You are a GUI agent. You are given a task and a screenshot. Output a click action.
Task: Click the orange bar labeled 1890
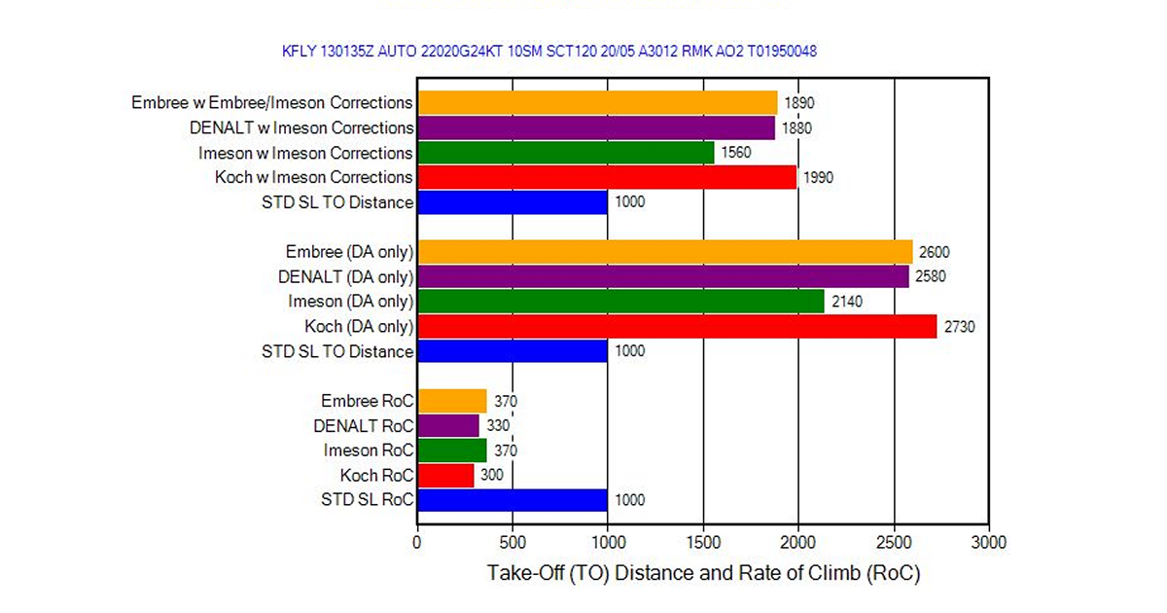pos(597,103)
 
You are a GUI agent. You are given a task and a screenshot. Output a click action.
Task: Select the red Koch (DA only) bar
pos(677,326)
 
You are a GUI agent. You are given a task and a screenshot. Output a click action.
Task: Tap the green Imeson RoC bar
pos(451,451)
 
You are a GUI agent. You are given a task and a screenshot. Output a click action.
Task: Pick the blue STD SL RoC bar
pos(513,500)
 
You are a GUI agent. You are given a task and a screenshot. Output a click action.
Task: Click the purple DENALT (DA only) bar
pos(663,276)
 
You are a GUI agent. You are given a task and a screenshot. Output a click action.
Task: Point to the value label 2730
pos(959,327)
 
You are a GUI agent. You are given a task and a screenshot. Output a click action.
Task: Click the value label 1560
pos(736,153)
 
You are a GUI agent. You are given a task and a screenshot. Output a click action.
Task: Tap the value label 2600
pos(936,252)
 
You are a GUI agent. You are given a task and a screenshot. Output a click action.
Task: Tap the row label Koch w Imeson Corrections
pos(313,177)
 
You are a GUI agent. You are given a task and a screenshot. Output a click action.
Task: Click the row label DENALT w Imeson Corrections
pos(301,127)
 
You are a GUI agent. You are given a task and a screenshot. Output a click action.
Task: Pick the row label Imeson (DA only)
pos(350,302)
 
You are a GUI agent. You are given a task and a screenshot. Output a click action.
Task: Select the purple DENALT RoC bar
pos(448,425)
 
